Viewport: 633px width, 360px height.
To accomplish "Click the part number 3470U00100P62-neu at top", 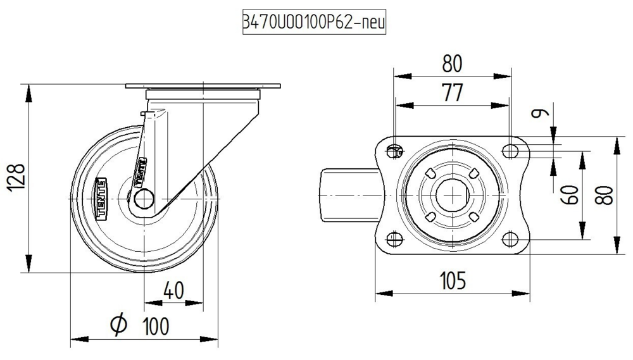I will point(314,23).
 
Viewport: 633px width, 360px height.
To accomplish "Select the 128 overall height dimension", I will point(17,179).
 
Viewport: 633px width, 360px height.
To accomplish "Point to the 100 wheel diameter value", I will point(155,326).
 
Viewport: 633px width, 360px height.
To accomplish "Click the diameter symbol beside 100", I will point(118,325).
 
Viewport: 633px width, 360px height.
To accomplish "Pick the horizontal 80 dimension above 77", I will point(452,64).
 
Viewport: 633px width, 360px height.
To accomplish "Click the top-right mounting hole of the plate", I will point(510,151).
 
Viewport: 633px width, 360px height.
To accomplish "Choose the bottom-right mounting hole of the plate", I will point(510,239).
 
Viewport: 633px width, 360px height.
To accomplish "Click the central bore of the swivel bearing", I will point(452,196).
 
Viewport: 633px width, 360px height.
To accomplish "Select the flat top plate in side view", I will point(203,87).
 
